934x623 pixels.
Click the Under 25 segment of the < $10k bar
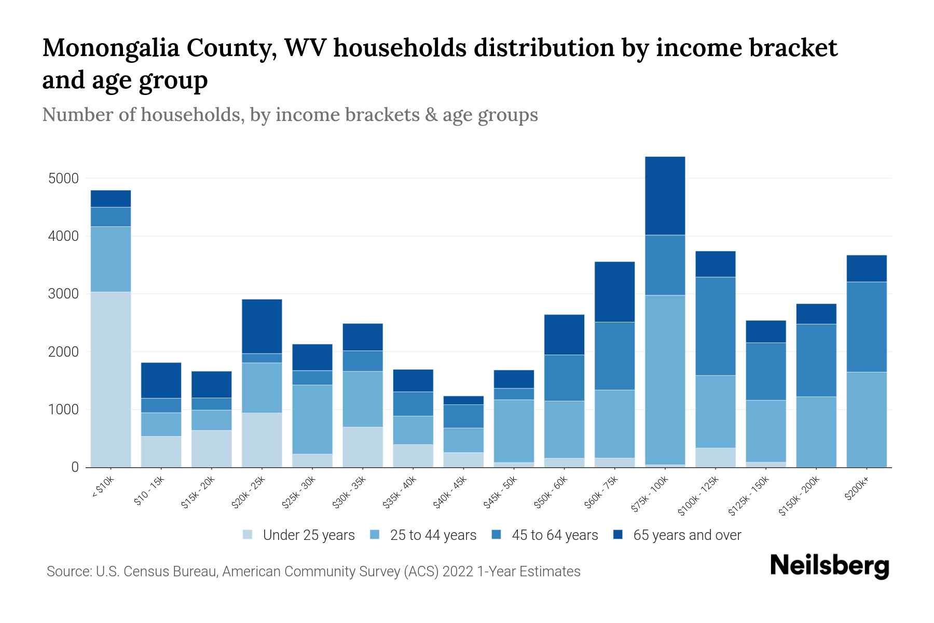pos(111,379)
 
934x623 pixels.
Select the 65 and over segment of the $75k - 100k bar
pos(665,196)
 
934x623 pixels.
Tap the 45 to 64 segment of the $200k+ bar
pos(867,327)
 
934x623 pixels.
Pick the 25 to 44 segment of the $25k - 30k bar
pos(312,419)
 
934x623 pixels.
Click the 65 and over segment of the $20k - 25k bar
pos(262,326)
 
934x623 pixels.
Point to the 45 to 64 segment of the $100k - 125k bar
pos(715,326)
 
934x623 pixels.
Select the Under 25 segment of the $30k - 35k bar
pos(363,446)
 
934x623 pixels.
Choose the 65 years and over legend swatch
pos(618,535)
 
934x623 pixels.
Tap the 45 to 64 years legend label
pos(555,535)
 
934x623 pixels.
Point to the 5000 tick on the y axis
pos(63,179)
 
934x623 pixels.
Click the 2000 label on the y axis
pos(63,352)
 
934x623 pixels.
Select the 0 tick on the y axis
pos(75,468)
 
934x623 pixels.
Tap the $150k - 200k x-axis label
pos(799,496)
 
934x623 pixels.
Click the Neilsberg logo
pos(829,565)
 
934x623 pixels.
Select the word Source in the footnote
pos(68,572)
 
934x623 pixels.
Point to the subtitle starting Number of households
pos(290,115)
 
